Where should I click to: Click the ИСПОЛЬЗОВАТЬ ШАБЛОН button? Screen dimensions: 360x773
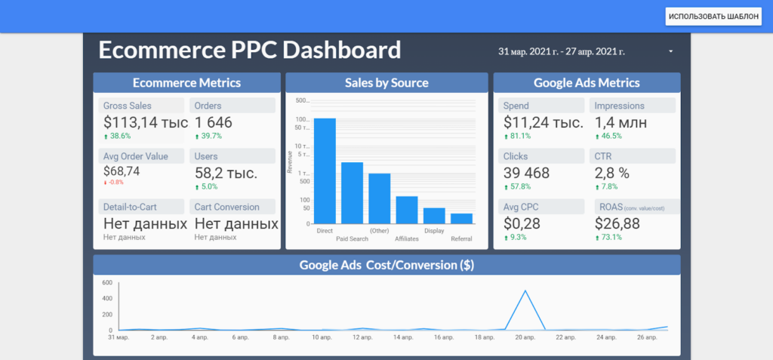[x=713, y=17]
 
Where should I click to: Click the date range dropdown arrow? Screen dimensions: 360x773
[x=670, y=51]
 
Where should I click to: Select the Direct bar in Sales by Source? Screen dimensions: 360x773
[x=325, y=171]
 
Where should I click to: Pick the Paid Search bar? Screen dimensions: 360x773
[x=352, y=192]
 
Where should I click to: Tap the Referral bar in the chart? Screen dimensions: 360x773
[x=461, y=218]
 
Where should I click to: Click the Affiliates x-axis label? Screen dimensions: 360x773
[x=407, y=238]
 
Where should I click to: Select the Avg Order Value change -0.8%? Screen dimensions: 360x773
[x=113, y=182]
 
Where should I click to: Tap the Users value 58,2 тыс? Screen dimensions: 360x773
[x=226, y=173]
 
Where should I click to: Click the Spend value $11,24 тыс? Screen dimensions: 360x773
[x=544, y=122]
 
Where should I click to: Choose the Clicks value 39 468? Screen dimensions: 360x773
[x=527, y=173]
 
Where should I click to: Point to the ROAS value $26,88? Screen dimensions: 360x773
[x=617, y=223]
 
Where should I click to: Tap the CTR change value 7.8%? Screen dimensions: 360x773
[x=609, y=186]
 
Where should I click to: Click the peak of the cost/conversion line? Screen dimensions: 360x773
[x=525, y=291]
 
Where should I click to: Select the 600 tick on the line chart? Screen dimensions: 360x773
[x=107, y=283]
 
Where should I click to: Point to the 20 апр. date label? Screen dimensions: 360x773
[x=525, y=337]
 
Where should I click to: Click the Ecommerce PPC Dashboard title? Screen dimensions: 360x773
[x=250, y=50]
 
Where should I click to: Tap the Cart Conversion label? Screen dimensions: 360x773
[x=227, y=207]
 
